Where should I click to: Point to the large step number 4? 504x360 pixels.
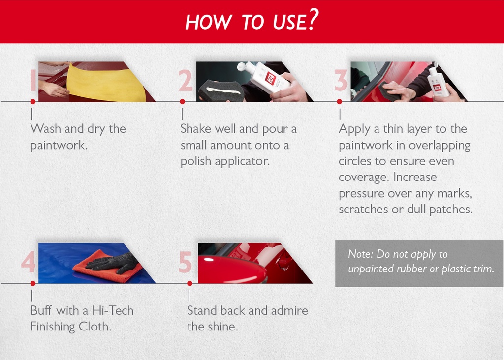point(29,263)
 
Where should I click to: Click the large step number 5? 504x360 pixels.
point(185,263)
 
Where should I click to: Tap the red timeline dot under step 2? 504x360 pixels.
point(182,102)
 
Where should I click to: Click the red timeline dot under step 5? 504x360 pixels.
point(189,284)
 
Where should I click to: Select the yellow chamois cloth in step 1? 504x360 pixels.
point(106,83)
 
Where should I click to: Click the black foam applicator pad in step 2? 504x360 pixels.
point(220,90)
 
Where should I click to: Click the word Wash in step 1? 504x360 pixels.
point(45,129)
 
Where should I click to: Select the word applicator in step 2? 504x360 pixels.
point(242,161)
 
